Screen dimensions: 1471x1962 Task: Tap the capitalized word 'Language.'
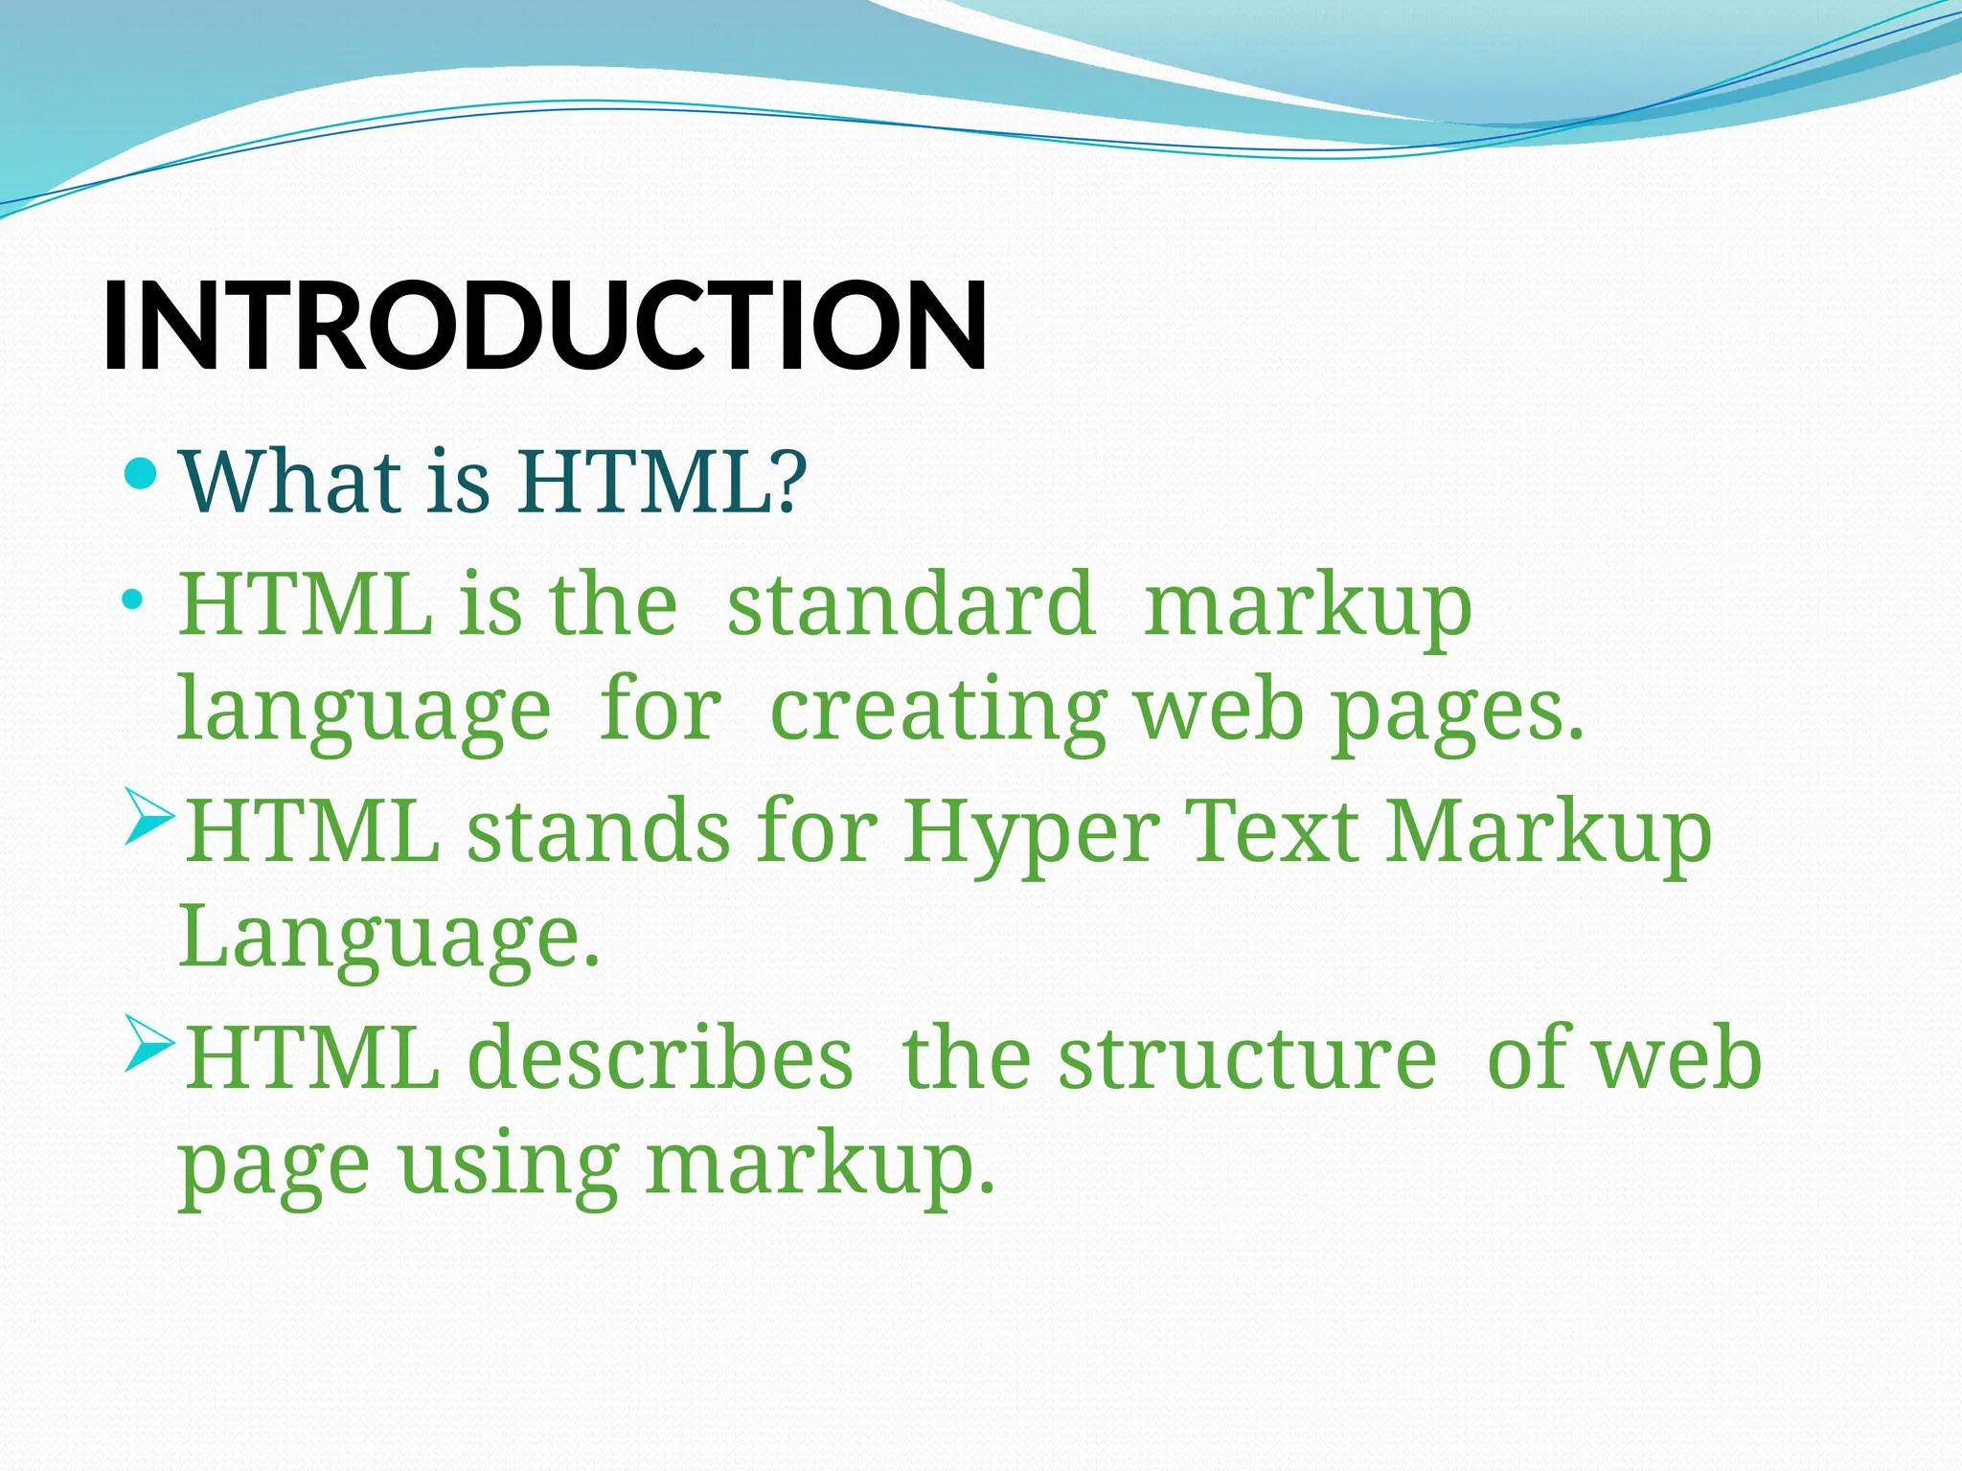[389, 939]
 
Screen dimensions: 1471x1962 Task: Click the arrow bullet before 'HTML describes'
[149, 1044]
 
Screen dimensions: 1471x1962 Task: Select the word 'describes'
[660, 1057]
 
